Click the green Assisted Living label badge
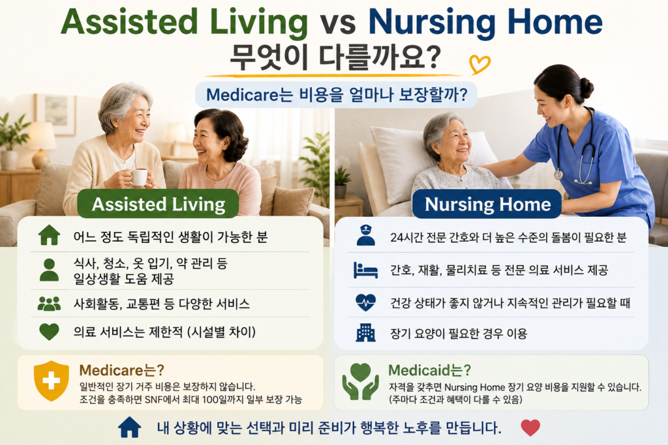158,204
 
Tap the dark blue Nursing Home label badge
487,204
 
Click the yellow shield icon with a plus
51,380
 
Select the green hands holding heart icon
360,381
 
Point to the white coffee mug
138,177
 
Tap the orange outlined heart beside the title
479,65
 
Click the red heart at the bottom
530,427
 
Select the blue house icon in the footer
130,427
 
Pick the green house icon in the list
49,235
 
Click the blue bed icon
365,270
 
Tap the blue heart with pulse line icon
365,302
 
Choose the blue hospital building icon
365,333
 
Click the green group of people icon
49,304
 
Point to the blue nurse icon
365,235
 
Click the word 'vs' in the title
338,23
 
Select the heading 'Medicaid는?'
429,370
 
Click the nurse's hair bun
586,88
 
